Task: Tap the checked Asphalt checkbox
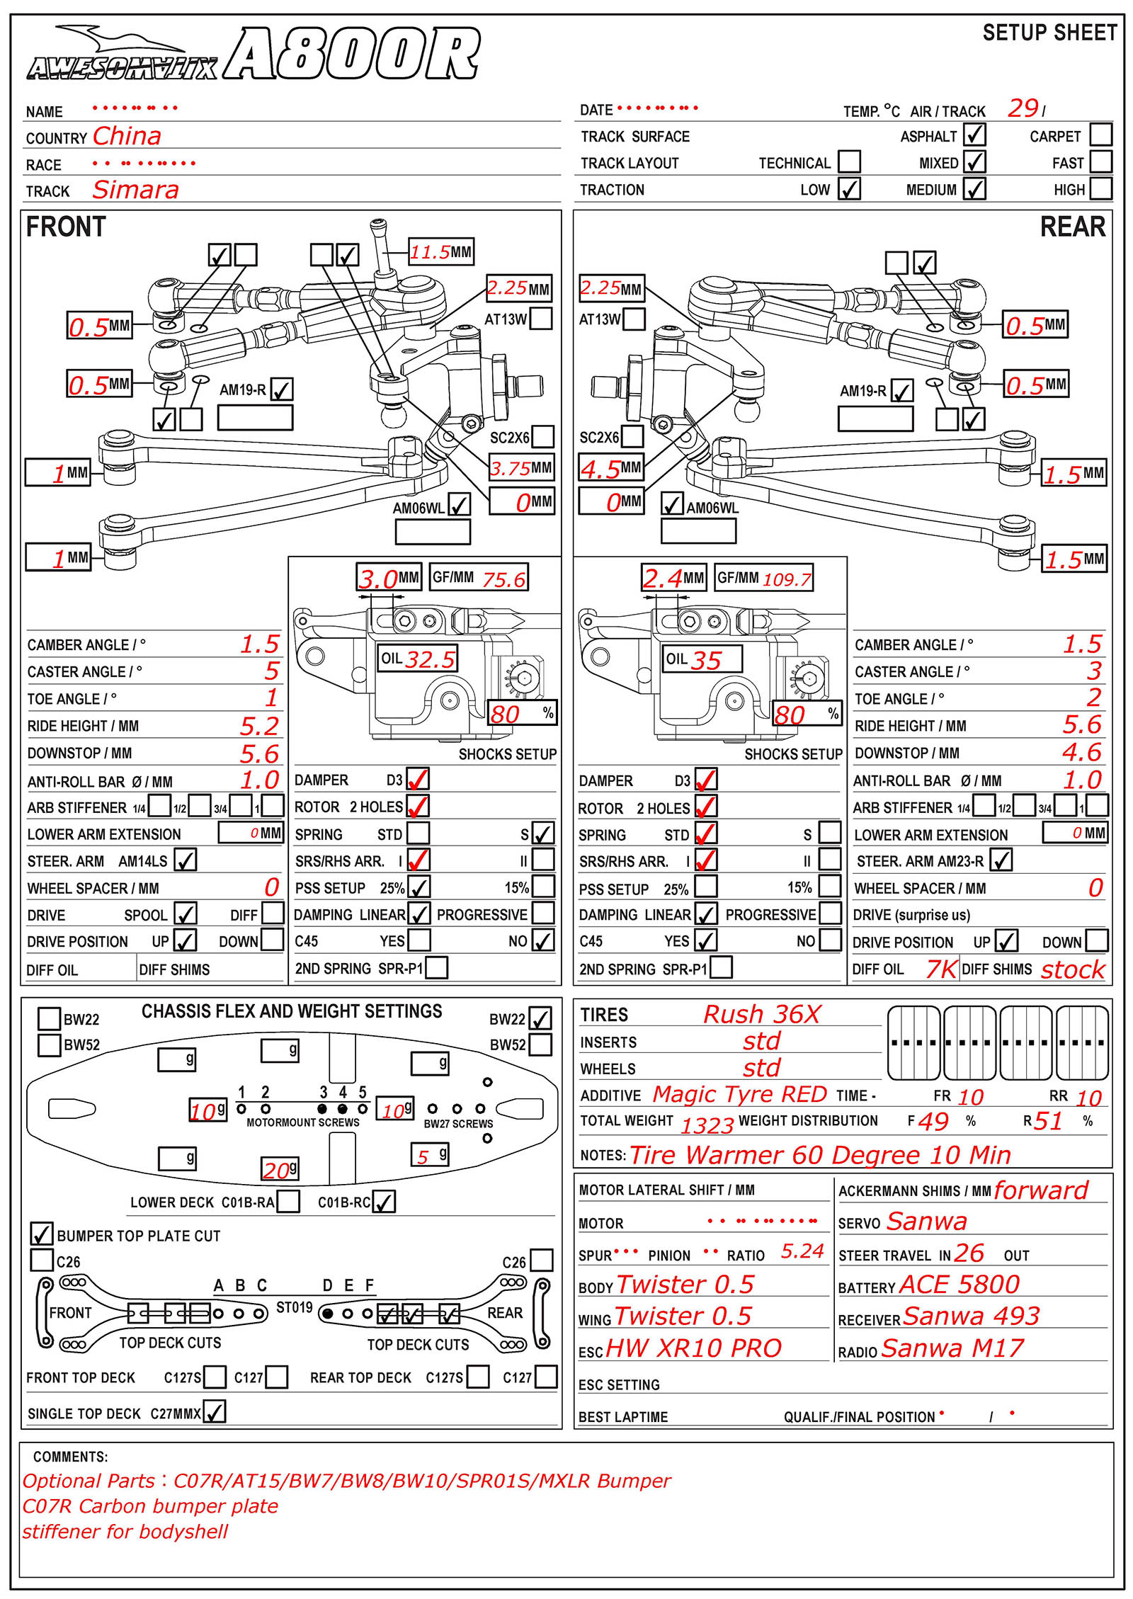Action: [974, 135]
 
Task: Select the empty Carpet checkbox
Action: [1100, 135]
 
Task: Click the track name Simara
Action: [135, 190]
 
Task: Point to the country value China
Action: [127, 136]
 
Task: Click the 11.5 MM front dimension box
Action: [440, 252]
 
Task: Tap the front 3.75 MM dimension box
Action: [520, 468]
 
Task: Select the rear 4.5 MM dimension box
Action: [611, 468]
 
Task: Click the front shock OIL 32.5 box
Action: [418, 659]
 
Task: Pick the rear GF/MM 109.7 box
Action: [763, 579]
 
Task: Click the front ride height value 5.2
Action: [259, 726]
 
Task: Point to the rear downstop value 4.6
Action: [1081, 752]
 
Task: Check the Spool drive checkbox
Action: [186, 914]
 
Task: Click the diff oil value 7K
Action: [941, 969]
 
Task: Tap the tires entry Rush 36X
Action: [761, 1014]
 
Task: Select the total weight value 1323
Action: [707, 1125]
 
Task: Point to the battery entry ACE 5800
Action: [959, 1285]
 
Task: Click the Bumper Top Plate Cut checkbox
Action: [42, 1234]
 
